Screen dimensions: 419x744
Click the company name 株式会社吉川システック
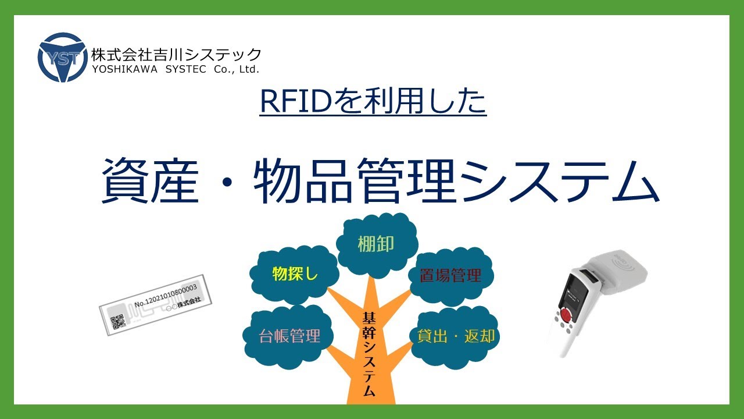point(176,54)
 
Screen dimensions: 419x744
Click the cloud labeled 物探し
point(295,274)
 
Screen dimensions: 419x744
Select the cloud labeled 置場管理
point(450,275)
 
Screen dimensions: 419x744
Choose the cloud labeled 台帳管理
point(289,336)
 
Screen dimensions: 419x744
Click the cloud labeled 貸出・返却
point(456,336)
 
